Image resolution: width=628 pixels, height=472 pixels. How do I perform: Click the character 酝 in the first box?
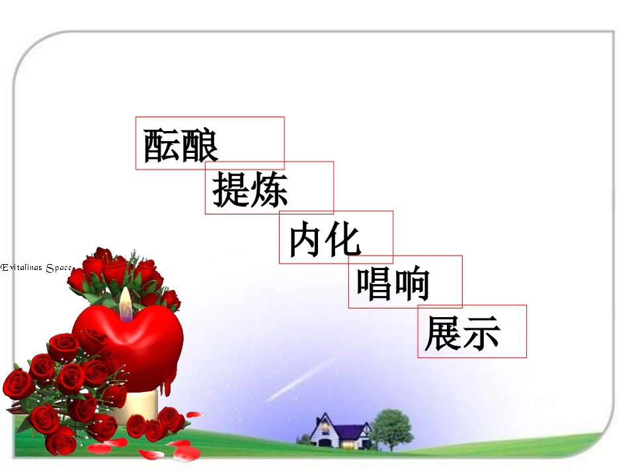tap(162, 145)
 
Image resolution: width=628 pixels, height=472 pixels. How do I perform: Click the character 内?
tap(308, 240)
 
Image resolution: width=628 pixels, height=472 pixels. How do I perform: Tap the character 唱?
tap(375, 285)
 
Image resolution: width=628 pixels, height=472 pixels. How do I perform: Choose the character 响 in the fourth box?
tap(412, 285)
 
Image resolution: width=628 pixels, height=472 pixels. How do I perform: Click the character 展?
tap(444, 334)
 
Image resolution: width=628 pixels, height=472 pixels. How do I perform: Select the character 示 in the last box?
tap(482, 334)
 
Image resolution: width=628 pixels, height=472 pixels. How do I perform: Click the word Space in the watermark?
tap(59, 267)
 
